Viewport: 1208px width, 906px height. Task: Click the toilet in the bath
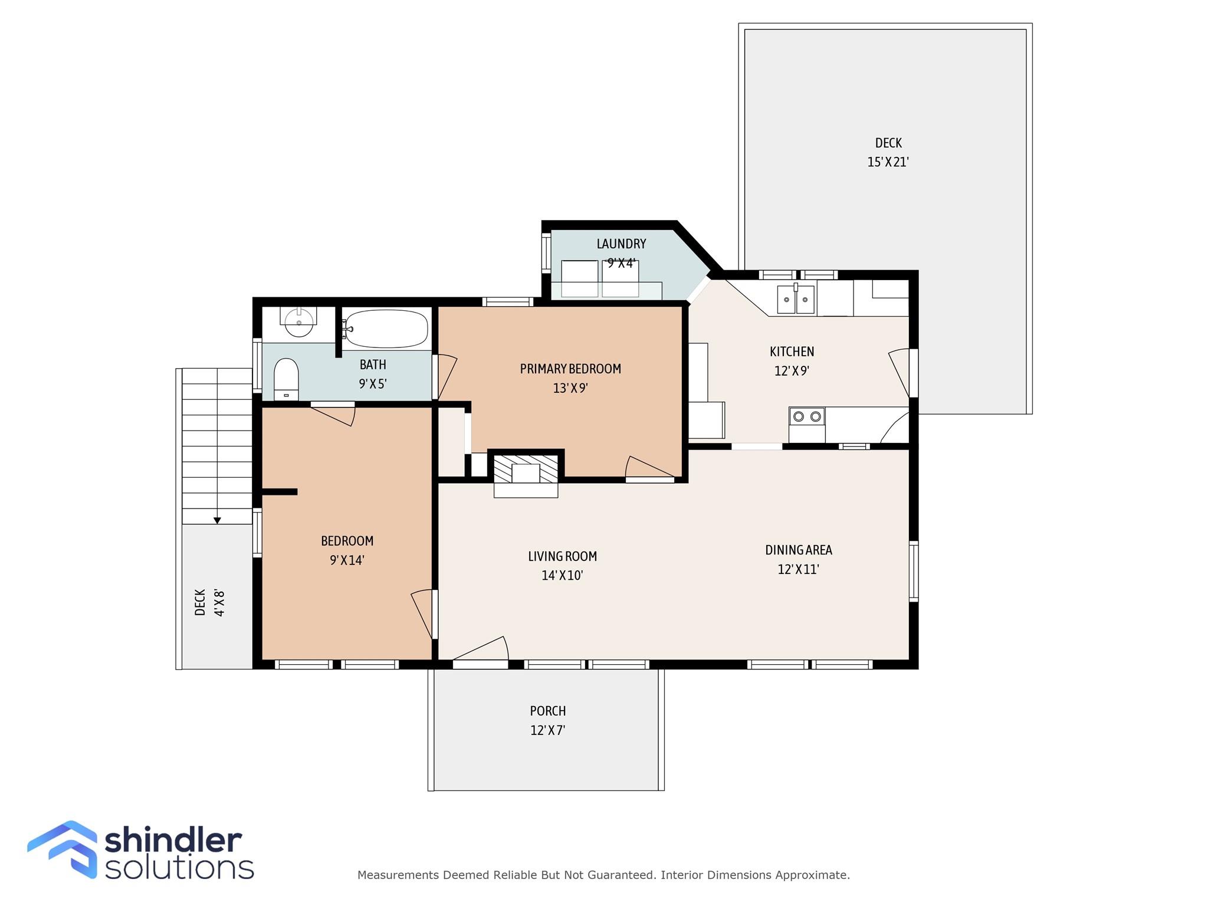(286, 380)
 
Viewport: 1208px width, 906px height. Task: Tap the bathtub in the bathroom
(386, 329)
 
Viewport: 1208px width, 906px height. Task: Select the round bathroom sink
(298, 321)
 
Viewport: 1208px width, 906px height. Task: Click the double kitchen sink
(796, 299)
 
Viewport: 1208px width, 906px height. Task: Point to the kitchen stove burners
(807, 416)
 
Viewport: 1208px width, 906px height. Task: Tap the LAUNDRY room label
(621, 244)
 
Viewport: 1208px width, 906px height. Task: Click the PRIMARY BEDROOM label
(570, 369)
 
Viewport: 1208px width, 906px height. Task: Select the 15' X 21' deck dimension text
(888, 162)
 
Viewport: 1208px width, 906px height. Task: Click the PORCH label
(548, 711)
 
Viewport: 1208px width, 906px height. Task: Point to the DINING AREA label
(799, 550)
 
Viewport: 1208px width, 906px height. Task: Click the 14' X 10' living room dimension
(562, 575)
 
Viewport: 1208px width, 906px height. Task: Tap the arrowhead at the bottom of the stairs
(217, 520)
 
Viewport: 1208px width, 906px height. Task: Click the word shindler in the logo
(173, 840)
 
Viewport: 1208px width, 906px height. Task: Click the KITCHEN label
(792, 352)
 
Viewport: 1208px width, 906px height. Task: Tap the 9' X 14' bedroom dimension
(347, 560)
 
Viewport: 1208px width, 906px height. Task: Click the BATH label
(373, 365)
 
